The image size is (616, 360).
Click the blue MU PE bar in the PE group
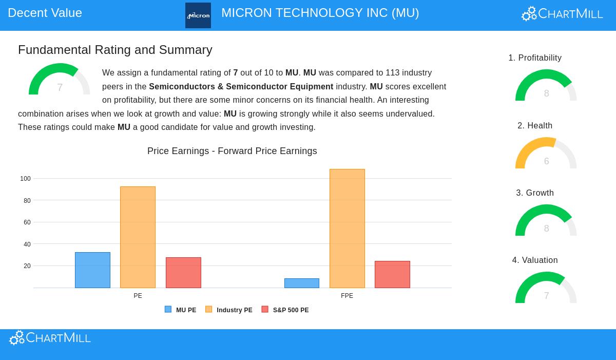(92, 270)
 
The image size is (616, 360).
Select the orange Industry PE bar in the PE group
(138, 237)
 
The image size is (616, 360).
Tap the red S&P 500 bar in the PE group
(183, 273)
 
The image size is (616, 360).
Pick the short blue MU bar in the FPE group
(302, 283)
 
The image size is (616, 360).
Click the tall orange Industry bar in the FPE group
(347, 229)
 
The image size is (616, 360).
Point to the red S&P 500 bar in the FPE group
(392, 275)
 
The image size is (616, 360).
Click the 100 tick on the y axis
(25, 179)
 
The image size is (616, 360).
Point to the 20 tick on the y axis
(27, 266)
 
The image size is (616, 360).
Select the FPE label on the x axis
(347, 296)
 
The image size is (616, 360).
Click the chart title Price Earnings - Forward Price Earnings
(232, 151)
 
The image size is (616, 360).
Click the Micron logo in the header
(198, 15)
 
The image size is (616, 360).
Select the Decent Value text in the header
(45, 13)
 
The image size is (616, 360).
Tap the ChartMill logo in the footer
(50, 338)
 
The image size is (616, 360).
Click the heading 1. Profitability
(535, 58)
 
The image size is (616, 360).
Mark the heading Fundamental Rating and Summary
(115, 50)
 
